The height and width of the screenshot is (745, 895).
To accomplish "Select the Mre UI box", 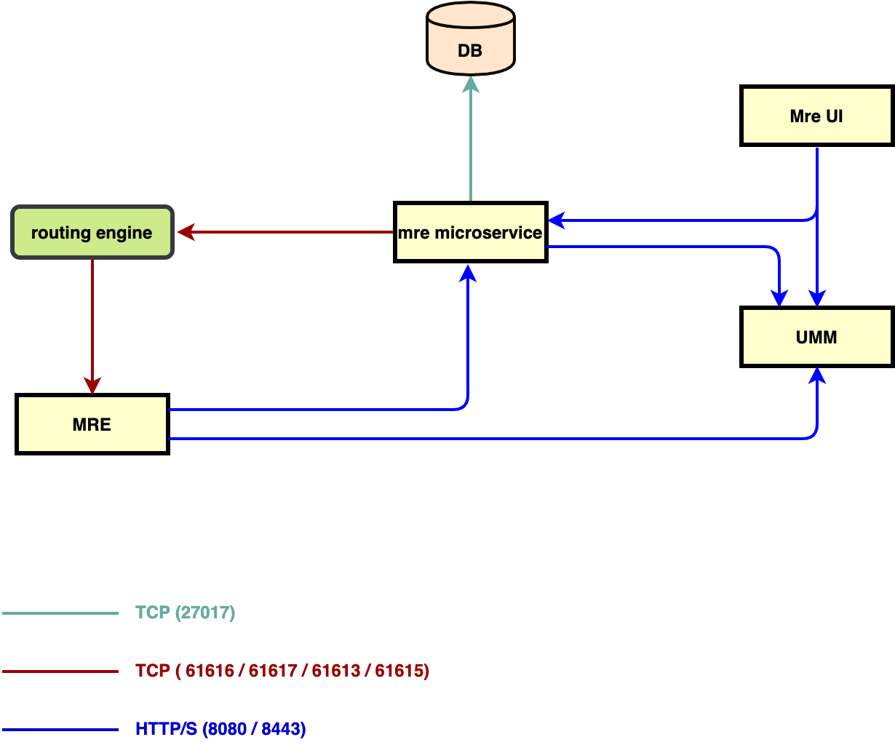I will (x=816, y=116).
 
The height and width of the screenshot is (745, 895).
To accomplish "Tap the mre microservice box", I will (x=470, y=233).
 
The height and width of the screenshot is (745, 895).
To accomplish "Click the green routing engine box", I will (x=92, y=233).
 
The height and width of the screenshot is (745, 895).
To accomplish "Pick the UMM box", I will (x=816, y=338).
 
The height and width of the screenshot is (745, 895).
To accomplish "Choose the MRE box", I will (x=92, y=425).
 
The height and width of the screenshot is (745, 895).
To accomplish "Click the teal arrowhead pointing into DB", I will (x=471, y=85).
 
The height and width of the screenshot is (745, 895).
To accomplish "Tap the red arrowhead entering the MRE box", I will (x=92, y=385).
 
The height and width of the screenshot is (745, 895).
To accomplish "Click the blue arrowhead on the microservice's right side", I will (x=556, y=220).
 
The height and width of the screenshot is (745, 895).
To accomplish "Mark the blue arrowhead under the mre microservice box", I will (x=468, y=273).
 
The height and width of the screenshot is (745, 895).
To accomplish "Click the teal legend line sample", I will (x=60, y=613).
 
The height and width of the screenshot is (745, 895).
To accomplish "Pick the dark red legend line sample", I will (x=60, y=672).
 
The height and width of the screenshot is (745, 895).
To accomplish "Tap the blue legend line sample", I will (x=60, y=730).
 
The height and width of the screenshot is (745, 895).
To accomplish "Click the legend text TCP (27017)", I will (x=186, y=613).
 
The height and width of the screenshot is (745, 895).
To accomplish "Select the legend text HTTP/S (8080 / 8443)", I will (x=220, y=729).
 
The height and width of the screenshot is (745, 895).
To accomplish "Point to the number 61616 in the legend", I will (x=210, y=671).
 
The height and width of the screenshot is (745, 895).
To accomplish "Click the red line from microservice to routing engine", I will (x=291, y=232).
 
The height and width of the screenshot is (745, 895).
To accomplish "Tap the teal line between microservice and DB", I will (x=471, y=146).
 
